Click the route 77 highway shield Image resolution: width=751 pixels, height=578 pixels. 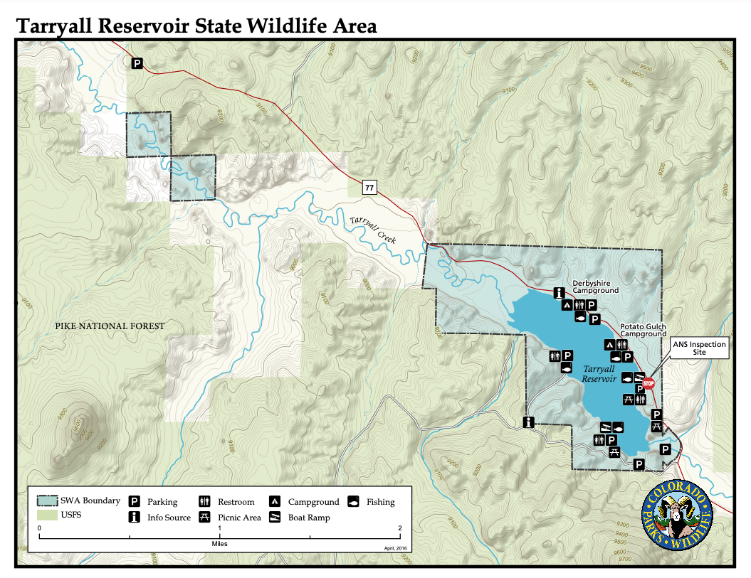tap(369, 188)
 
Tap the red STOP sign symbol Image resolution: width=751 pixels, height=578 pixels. tap(648, 384)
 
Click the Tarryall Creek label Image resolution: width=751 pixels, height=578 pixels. tap(373, 230)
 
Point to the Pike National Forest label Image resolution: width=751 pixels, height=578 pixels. tap(110, 326)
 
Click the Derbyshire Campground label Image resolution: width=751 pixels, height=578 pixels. tap(596, 286)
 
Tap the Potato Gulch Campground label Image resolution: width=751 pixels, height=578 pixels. tap(643, 329)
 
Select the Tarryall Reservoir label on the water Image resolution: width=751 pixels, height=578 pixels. tap(599, 374)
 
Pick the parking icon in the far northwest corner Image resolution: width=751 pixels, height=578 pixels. tap(137, 64)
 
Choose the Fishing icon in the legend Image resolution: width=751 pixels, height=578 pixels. tap(354, 501)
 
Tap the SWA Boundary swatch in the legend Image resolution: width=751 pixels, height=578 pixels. tap(47, 501)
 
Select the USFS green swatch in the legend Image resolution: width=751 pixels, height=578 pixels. tap(47, 514)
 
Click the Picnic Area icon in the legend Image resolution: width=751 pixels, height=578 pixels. tap(205, 518)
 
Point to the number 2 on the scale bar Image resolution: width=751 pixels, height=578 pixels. tap(400, 528)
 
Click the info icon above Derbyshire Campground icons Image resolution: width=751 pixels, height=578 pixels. tap(560, 292)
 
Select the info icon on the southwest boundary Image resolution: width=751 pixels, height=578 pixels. tap(528, 422)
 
